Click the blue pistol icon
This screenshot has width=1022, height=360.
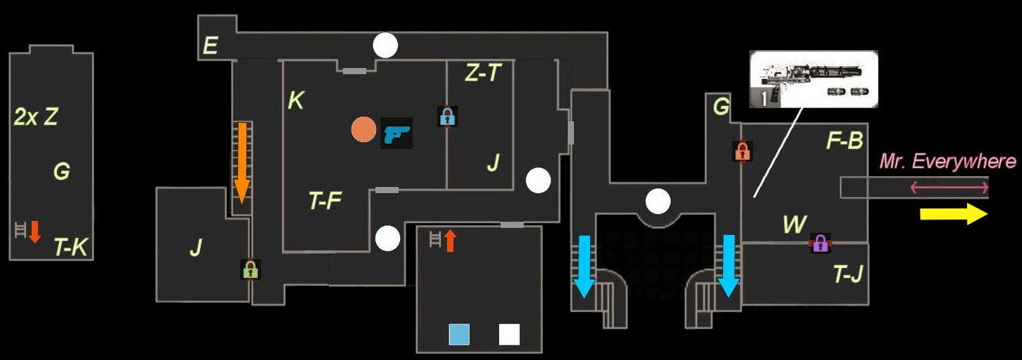point(397,133)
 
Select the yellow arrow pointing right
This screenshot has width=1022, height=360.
point(953,214)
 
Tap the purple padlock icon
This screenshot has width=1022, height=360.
point(820,243)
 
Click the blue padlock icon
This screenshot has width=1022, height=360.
point(446,117)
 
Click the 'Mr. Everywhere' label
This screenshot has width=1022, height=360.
point(948,161)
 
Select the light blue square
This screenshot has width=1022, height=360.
point(459,334)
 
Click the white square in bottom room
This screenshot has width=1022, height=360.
point(509,334)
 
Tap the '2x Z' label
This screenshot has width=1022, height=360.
point(36,117)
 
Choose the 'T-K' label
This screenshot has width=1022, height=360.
point(70,247)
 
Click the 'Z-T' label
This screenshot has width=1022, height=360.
point(483,73)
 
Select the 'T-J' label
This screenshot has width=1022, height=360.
point(847,274)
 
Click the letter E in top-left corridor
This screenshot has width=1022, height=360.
point(209,47)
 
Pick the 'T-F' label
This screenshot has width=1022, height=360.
point(325,202)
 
